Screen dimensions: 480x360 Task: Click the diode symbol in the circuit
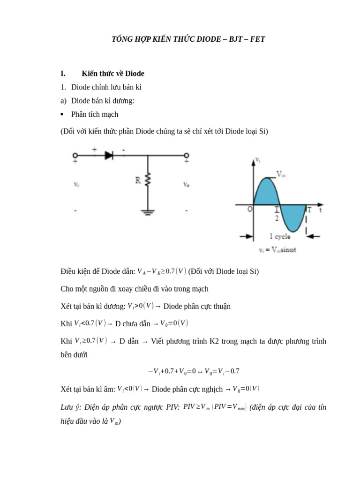(x=109, y=156)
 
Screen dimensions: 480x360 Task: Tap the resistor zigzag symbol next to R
(x=148, y=180)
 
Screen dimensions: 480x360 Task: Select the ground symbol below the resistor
(x=148, y=211)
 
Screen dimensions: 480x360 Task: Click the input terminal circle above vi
(x=75, y=156)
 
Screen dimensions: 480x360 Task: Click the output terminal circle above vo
(x=186, y=156)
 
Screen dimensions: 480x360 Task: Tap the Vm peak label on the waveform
(x=281, y=174)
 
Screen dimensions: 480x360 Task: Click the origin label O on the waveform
(x=250, y=210)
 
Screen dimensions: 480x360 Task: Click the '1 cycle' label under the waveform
(x=279, y=237)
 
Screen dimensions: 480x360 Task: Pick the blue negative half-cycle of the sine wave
(x=293, y=217)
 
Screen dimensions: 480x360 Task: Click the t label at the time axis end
(x=321, y=210)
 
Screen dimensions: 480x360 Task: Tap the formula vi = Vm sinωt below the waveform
(x=277, y=250)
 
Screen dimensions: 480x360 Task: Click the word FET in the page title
(x=256, y=39)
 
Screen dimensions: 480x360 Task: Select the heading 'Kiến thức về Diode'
(x=112, y=74)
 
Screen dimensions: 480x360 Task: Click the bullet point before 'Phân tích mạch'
(x=62, y=114)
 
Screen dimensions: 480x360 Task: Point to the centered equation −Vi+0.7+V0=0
(x=194, y=371)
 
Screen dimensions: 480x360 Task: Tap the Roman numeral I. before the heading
(x=63, y=74)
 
